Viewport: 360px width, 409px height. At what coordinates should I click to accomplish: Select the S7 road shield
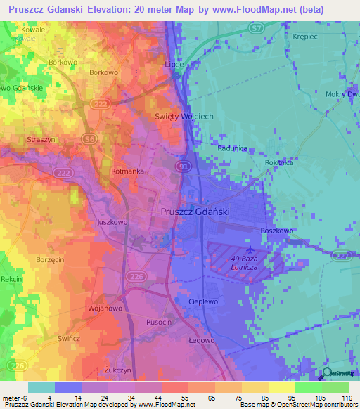[257, 27]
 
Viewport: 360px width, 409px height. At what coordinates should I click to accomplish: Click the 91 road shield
[183, 166]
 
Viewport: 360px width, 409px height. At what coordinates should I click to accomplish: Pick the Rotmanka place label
[127, 171]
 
